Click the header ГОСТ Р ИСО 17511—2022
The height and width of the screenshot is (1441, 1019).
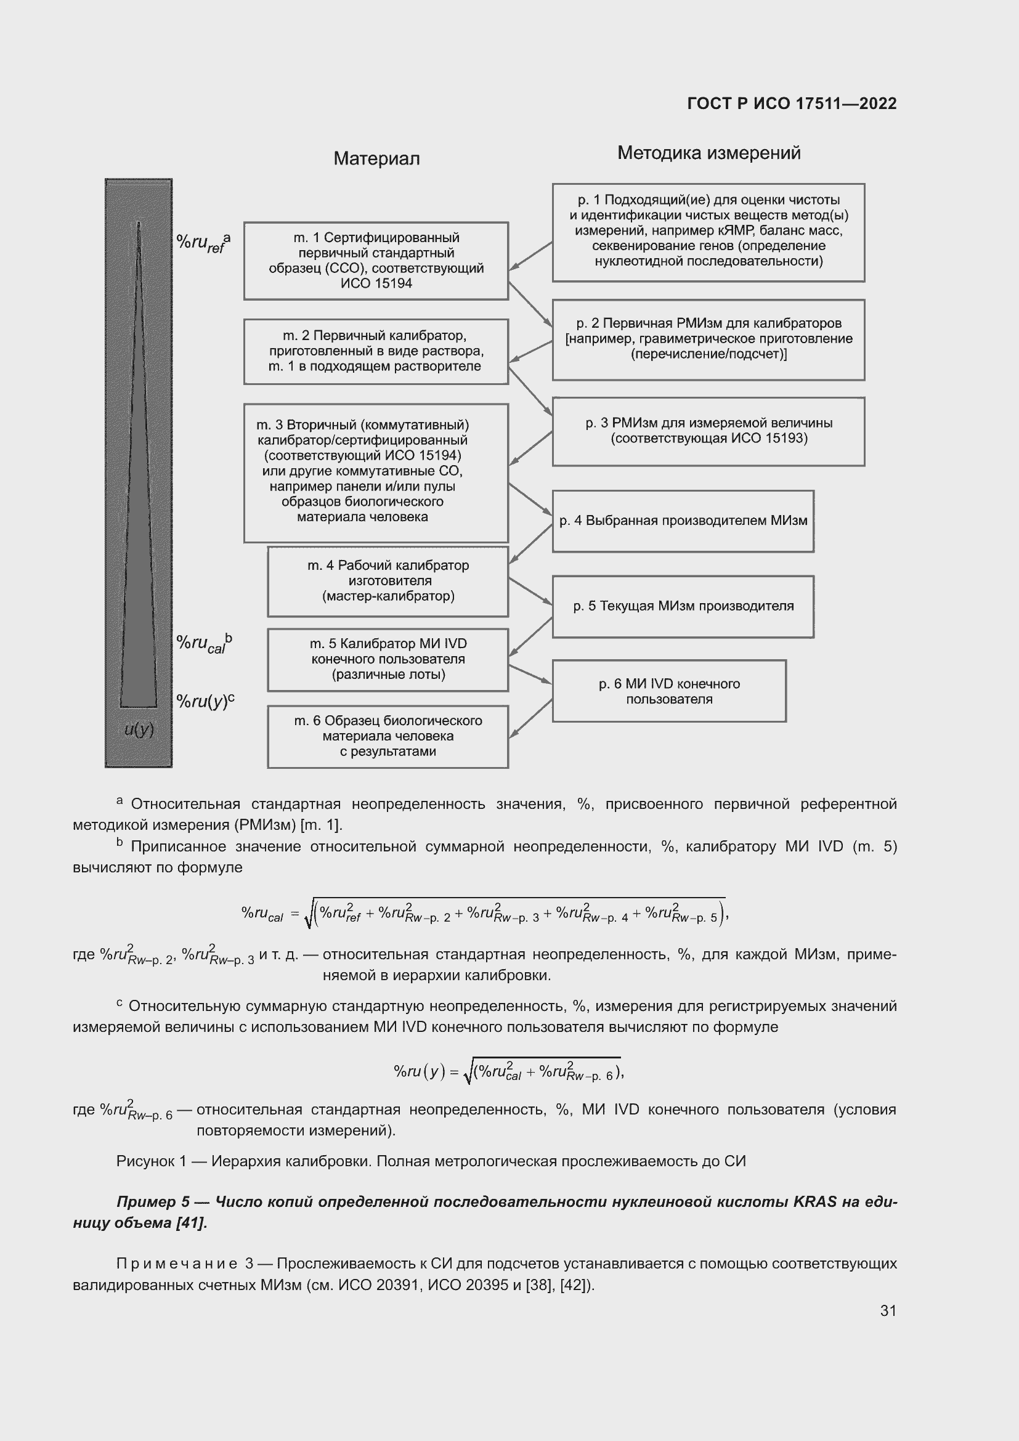coord(791,104)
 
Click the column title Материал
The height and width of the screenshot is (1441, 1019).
coord(376,159)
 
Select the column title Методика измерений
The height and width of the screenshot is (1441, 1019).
coord(708,153)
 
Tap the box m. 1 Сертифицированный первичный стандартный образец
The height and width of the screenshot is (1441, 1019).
coord(376,261)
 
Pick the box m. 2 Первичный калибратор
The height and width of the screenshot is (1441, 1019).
coord(376,351)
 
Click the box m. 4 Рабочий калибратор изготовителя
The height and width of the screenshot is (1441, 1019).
coord(388,581)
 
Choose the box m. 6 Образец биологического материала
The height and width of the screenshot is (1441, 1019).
coord(388,736)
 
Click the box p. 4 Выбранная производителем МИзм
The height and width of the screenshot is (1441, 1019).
coord(683,521)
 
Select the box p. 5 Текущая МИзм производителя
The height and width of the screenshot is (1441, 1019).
coord(683,606)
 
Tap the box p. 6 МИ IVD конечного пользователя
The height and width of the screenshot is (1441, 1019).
coord(669,691)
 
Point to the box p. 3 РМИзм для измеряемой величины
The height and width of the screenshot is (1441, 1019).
coord(708,431)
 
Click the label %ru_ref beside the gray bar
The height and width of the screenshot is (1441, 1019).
coord(203,242)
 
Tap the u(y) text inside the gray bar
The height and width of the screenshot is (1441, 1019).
coord(139,729)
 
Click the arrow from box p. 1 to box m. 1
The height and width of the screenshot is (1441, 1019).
coord(530,256)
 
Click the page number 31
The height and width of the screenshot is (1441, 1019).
coord(888,1310)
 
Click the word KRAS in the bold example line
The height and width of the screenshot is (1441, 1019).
coord(814,1201)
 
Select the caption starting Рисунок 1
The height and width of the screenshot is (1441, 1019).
coord(431,1161)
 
